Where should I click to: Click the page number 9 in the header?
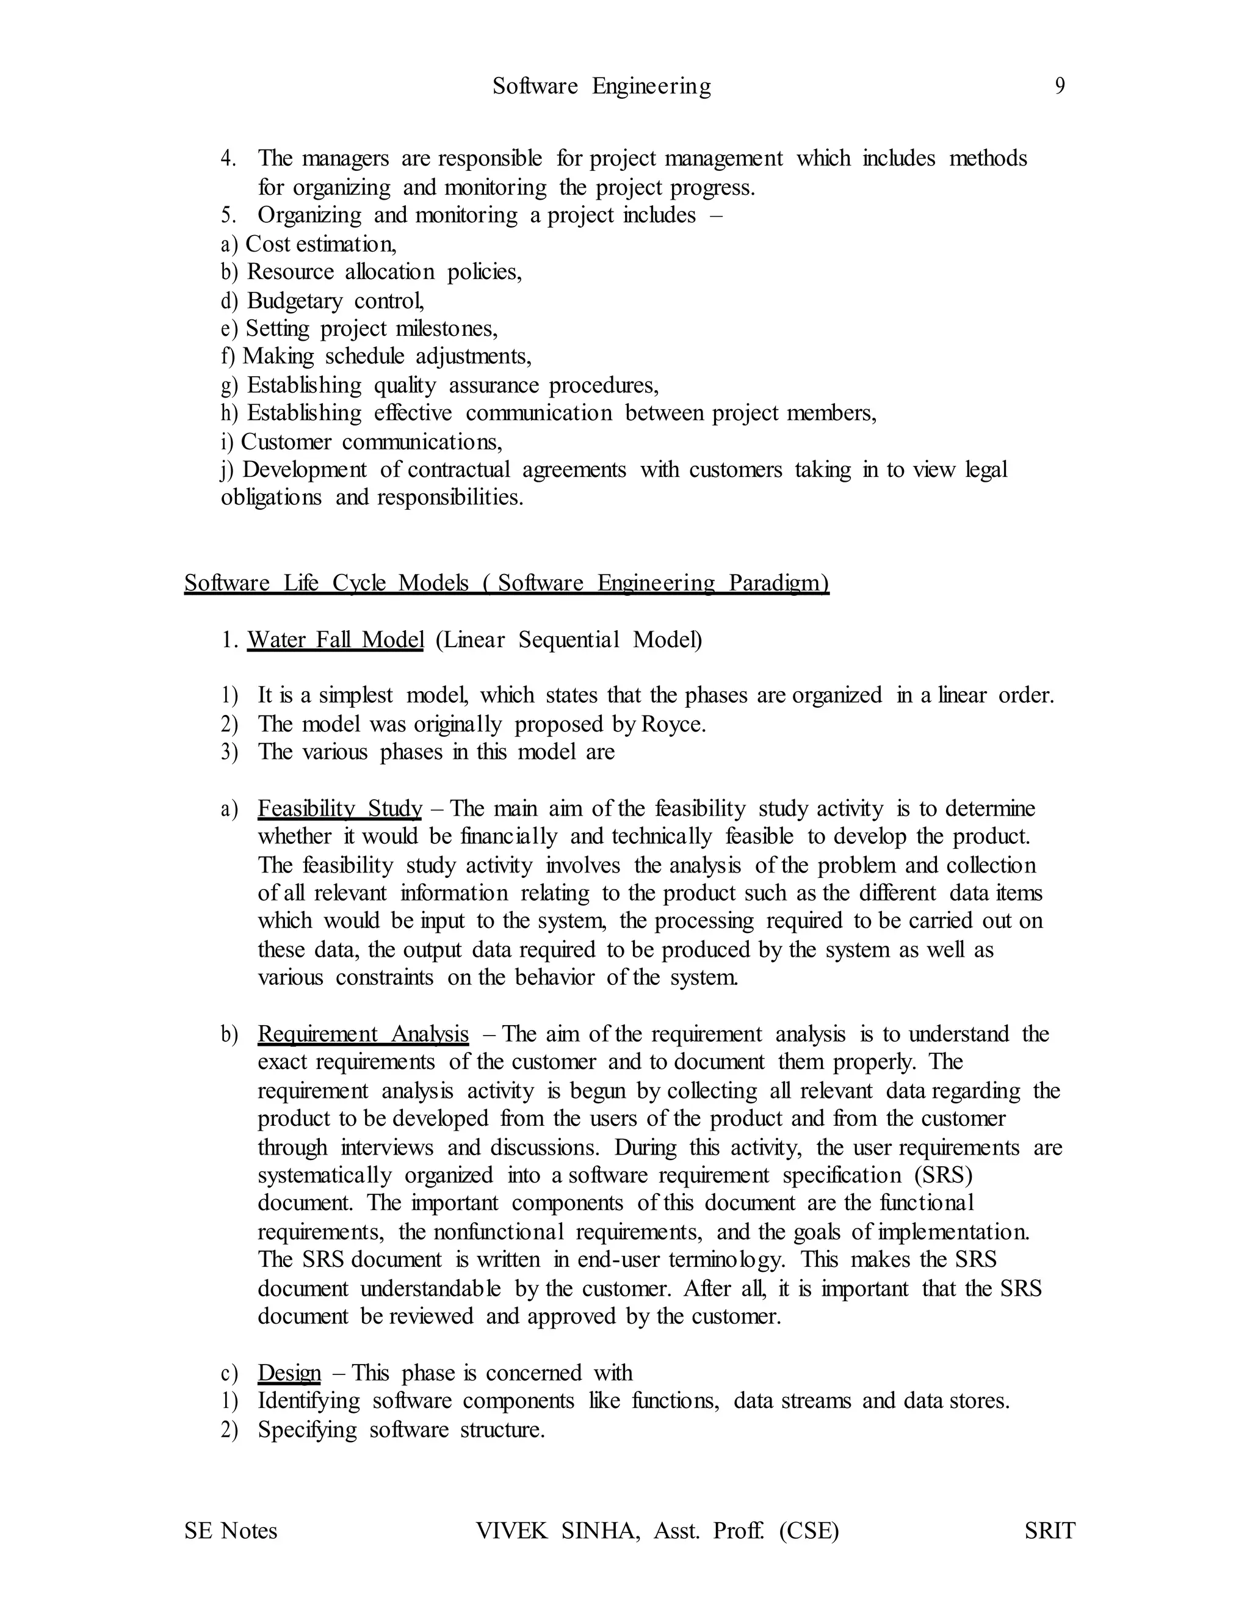tap(1060, 87)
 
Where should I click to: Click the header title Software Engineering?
tap(601, 87)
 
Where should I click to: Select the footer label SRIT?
tap(1049, 1531)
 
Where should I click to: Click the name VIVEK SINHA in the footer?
tap(558, 1531)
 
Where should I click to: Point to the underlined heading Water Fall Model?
tap(336, 639)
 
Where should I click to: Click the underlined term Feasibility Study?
tap(340, 808)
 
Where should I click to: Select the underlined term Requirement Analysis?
tap(363, 1034)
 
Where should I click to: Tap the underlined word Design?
tap(289, 1373)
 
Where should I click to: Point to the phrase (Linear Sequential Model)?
tap(569, 639)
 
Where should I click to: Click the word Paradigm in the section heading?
tap(778, 583)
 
